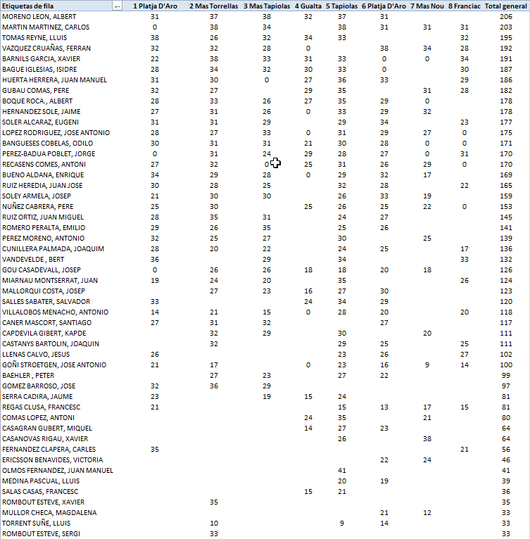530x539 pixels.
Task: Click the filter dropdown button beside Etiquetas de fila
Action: tap(117, 6)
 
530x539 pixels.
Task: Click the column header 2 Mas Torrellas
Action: tap(213, 6)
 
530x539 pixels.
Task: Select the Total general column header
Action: tap(505, 6)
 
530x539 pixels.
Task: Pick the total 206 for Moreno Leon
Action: tap(505, 16)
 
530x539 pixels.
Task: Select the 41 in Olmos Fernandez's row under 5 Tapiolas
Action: tap(342, 470)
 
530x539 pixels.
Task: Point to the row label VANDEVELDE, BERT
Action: tap(33, 259)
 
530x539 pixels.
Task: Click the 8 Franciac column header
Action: tap(464, 6)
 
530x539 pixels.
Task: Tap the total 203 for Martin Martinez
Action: tap(505, 27)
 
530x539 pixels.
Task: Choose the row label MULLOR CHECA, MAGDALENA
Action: tap(49, 512)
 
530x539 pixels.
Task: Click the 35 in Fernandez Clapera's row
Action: tap(155, 449)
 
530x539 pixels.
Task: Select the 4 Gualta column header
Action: tap(308, 6)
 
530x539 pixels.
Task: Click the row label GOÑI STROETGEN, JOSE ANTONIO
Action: tap(54, 364)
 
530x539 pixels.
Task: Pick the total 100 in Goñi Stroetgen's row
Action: tap(505, 364)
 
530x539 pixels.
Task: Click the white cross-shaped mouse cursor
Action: tap(275, 163)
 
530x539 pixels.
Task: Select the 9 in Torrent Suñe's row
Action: tap(342, 523)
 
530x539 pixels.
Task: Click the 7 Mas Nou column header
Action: tap(427, 6)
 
